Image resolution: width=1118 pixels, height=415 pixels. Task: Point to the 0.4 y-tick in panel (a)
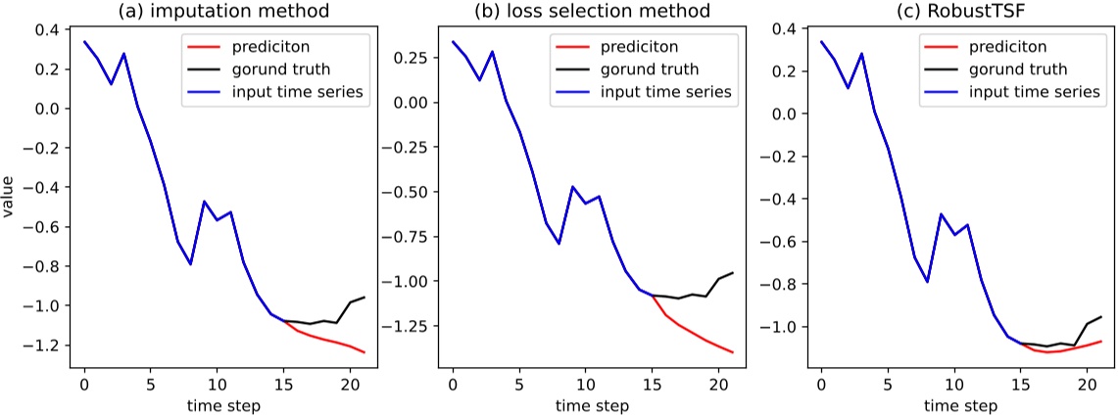(x=46, y=29)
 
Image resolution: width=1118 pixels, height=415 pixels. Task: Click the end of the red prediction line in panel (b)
(x=732, y=352)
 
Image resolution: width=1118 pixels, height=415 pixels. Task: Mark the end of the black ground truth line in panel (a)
(x=364, y=297)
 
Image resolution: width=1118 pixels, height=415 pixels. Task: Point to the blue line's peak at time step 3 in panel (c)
(x=860, y=54)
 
